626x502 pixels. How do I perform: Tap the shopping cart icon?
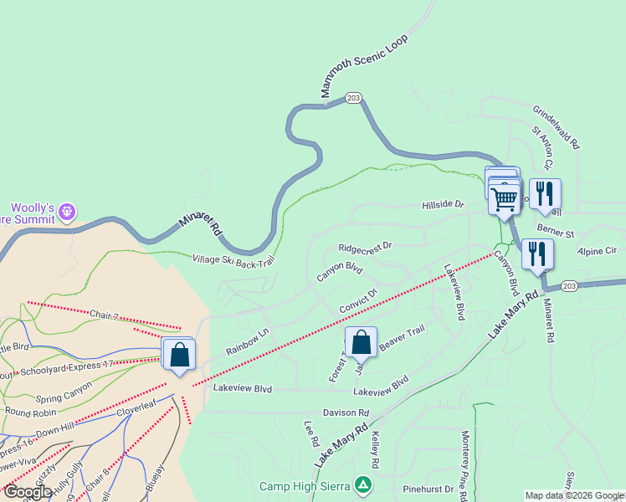tap(504, 198)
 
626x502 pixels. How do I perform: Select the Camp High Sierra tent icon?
tap(362, 484)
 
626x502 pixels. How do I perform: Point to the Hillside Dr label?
tap(443, 204)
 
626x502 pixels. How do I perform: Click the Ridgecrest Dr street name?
tap(365, 248)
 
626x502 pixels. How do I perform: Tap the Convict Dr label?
tap(358, 301)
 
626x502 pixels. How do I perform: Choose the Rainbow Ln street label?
tap(247, 345)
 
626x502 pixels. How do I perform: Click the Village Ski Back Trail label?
tap(233, 261)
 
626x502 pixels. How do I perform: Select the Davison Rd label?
tap(346, 412)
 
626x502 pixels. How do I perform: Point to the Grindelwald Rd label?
tap(556, 126)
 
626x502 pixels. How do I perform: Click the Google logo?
tap(27, 492)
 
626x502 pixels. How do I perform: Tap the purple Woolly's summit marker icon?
tap(68, 213)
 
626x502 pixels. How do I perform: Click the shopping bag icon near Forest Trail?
tap(361, 342)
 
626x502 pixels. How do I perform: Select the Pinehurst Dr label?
tap(427, 489)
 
